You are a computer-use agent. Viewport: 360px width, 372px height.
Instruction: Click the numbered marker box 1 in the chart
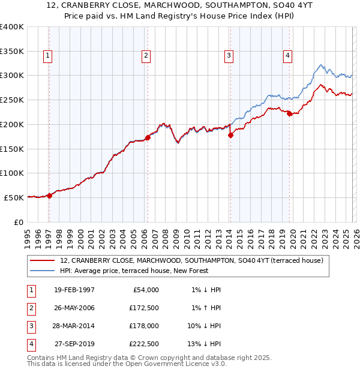pyautogui.click(x=47, y=56)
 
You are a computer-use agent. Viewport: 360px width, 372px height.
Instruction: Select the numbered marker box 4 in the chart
pyautogui.click(x=288, y=56)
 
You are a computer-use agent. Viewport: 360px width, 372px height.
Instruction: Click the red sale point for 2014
pyautogui.click(x=230, y=135)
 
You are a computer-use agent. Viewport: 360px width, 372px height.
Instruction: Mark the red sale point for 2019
pyautogui.click(x=289, y=113)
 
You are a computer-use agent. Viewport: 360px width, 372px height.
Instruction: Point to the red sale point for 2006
pyautogui.click(x=148, y=137)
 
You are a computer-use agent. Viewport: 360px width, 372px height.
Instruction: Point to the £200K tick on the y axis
pyautogui.click(x=12, y=124)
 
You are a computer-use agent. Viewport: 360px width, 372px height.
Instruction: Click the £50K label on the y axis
pyautogui.click(x=14, y=197)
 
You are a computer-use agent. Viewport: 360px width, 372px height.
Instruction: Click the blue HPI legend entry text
pyautogui.click(x=134, y=271)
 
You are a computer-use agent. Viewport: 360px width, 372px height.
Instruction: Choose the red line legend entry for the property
pyautogui.click(x=191, y=260)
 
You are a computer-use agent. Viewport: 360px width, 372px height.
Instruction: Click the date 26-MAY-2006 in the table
pyautogui.click(x=74, y=308)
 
